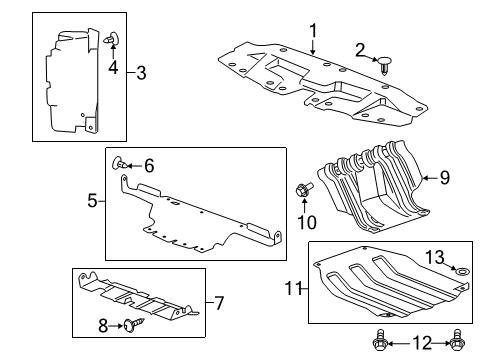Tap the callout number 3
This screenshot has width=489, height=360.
coord(141,72)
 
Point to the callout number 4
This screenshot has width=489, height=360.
coord(114,68)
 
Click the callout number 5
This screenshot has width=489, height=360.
coord(93,200)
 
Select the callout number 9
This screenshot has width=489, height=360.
coord(445,179)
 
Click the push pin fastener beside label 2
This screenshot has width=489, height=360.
coord(384,65)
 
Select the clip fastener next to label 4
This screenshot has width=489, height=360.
coord(110,40)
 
